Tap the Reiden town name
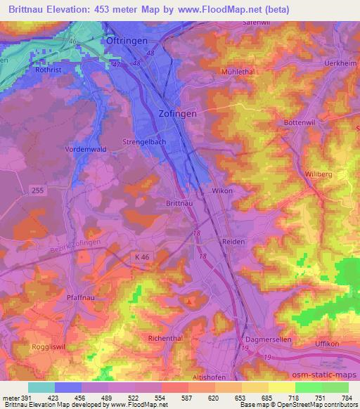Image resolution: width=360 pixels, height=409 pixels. [231, 241]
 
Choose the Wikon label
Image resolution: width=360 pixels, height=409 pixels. [222, 190]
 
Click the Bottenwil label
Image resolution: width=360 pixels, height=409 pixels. [300, 123]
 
